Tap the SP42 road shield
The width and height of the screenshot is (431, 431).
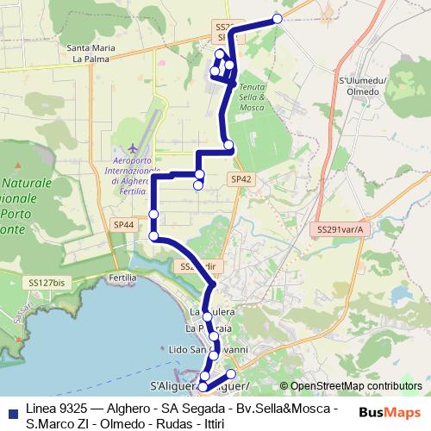(241, 178)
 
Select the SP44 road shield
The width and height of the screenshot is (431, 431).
(124, 224)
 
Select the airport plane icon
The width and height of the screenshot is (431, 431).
(130, 147)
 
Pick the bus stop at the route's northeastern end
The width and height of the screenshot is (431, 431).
(278, 18)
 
